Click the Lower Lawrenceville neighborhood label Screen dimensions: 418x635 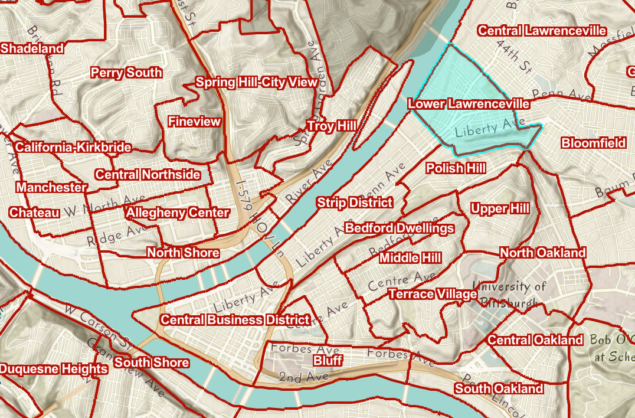[x=469, y=104]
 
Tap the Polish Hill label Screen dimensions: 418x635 [x=456, y=168]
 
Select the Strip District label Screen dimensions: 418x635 [x=354, y=203]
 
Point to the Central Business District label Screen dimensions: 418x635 [x=235, y=320]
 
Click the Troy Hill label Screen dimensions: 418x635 [x=331, y=126]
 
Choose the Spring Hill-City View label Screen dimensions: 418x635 [x=257, y=82]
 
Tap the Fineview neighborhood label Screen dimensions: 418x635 [x=194, y=122]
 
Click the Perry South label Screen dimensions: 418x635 [x=126, y=73]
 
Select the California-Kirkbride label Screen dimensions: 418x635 [x=73, y=148]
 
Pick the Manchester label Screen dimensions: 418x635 [x=51, y=187]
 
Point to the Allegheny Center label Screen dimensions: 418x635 [x=178, y=213]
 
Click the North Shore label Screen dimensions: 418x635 [x=183, y=253]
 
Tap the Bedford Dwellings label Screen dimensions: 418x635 [x=400, y=228]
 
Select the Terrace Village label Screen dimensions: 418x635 [x=433, y=294]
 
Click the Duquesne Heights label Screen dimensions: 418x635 [x=54, y=369]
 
